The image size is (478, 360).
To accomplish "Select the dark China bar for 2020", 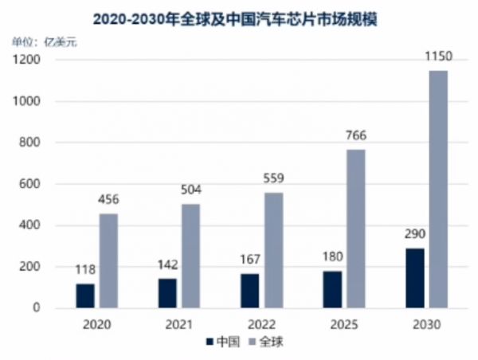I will tap(85, 295).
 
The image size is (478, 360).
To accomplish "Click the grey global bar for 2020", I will tap(108, 260).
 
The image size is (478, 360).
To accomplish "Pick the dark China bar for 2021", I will tap(167, 293).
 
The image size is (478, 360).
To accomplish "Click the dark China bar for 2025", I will tap(331, 289).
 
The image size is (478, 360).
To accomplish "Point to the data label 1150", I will tap(437, 57).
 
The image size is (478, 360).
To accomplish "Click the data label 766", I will tap(355, 136).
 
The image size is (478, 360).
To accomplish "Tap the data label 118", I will tap(85, 270).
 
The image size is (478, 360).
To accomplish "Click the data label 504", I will tap(190, 190).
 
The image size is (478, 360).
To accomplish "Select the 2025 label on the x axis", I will tap(343, 326).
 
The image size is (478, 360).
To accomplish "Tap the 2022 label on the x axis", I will tap(261, 326).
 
